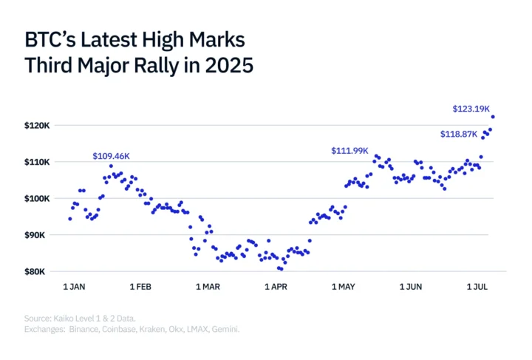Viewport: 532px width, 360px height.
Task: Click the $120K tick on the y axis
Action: point(36,126)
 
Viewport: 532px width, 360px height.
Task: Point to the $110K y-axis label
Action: point(36,162)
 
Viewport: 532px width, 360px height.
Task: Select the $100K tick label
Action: point(36,199)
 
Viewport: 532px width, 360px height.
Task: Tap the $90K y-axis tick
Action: point(38,235)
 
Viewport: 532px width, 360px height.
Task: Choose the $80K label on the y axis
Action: point(38,272)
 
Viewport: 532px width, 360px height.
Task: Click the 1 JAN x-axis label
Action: point(74,286)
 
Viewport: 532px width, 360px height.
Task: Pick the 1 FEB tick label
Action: point(140,286)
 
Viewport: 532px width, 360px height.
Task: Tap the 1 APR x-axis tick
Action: point(275,286)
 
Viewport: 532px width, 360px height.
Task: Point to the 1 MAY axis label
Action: point(344,286)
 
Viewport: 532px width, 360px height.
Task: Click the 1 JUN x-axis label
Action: point(411,286)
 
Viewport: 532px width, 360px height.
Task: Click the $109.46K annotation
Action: point(112,157)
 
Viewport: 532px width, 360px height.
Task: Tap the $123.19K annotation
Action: point(471,109)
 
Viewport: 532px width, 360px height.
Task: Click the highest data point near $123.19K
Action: point(493,116)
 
